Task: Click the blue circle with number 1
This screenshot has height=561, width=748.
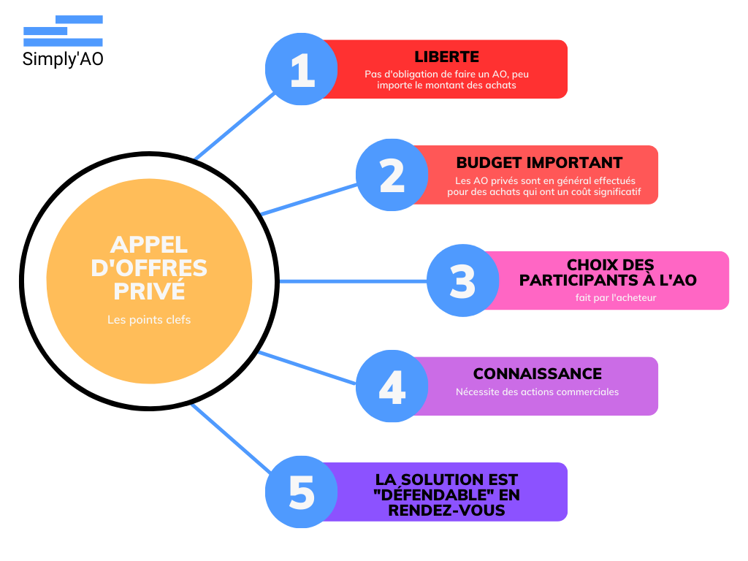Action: pyautogui.click(x=301, y=69)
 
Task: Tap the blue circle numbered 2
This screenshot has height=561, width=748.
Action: pyautogui.click(x=392, y=175)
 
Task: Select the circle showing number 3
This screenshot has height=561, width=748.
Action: pyautogui.click(x=462, y=281)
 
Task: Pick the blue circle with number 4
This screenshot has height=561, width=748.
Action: pyautogui.click(x=392, y=386)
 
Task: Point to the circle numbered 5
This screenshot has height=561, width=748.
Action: pyautogui.click(x=301, y=492)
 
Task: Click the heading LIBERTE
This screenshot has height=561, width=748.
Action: pyautogui.click(x=446, y=57)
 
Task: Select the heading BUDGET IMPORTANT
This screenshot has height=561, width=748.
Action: pyautogui.click(x=539, y=163)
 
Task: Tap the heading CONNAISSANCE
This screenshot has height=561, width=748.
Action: pyautogui.click(x=537, y=374)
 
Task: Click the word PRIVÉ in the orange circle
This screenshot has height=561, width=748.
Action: pyautogui.click(x=149, y=291)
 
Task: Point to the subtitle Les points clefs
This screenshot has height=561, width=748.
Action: pyautogui.click(x=149, y=320)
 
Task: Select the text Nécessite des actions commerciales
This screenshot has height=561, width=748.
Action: pyautogui.click(x=537, y=392)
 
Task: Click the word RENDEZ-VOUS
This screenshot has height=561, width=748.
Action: pyautogui.click(x=446, y=511)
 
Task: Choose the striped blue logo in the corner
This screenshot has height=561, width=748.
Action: pyautogui.click(x=64, y=31)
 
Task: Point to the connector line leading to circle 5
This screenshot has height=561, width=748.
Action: pyautogui.click(x=230, y=438)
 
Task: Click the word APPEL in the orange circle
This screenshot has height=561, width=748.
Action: pyautogui.click(x=149, y=244)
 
